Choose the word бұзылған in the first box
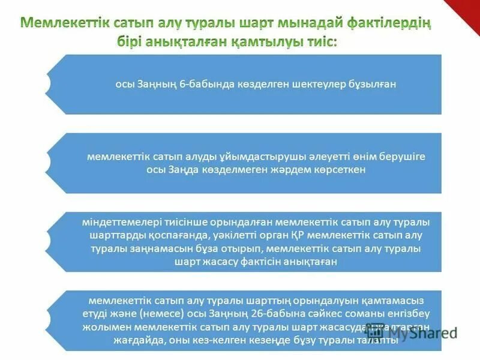coord(373,85)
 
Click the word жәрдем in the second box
coord(271,170)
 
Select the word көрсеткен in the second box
coord(326,170)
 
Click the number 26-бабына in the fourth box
coord(285,313)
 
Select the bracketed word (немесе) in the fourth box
coord(154,313)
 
